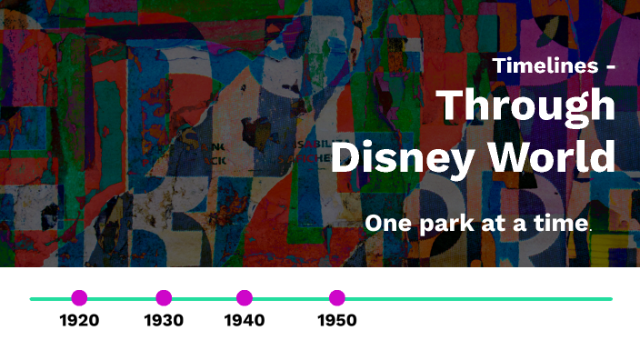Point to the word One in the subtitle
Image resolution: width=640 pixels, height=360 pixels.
tap(387, 224)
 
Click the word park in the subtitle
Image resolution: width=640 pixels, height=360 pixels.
tap(445, 225)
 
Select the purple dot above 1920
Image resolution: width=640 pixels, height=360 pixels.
tap(79, 298)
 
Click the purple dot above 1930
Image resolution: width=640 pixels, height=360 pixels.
tap(164, 298)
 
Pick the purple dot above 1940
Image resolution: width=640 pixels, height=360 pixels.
tap(244, 298)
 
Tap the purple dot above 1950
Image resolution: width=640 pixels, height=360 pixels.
tap(337, 298)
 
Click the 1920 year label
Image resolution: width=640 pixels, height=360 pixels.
tap(79, 320)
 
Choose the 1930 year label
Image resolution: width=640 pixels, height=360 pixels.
tap(164, 320)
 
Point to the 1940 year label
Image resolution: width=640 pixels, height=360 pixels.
tap(244, 320)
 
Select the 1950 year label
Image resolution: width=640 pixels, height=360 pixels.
tap(337, 320)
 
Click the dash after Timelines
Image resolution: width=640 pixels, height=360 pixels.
tap(609, 68)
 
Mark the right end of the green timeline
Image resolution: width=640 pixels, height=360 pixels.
tap(610, 298)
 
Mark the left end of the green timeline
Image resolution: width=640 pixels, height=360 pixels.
tap(32, 298)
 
